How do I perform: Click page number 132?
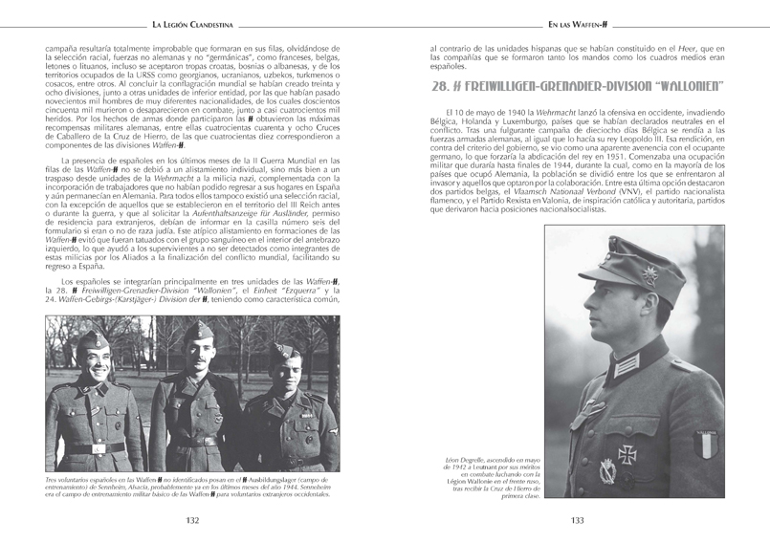[x=192, y=520]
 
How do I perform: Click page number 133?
[x=577, y=520]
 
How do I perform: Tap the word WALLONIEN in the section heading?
[x=684, y=86]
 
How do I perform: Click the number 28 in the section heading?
[x=441, y=86]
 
